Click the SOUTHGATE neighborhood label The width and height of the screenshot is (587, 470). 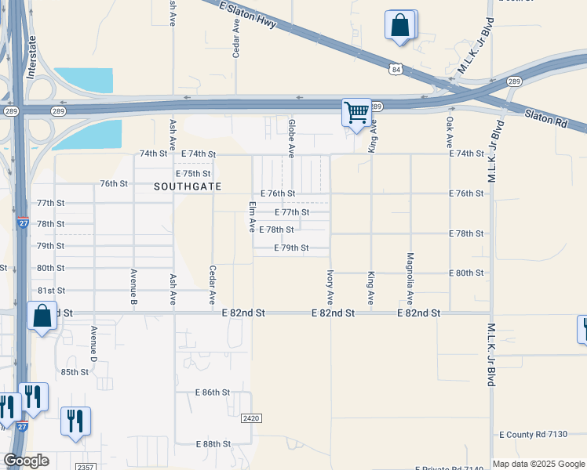tap(188, 186)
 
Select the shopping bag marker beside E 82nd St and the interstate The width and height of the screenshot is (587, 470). tap(42, 316)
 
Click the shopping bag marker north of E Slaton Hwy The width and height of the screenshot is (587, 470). tap(400, 24)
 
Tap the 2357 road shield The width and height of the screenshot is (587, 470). tap(86, 466)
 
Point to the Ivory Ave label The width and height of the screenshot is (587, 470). tap(330, 288)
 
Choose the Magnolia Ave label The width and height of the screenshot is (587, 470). tap(410, 279)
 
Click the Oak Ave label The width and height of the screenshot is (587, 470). tap(450, 132)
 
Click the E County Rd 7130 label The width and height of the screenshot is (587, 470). tap(533, 434)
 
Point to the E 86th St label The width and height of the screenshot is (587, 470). tap(213, 392)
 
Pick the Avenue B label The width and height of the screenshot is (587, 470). tap(133, 287)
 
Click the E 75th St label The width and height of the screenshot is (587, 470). tap(194, 173)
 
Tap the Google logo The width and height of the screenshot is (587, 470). tap(26, 461)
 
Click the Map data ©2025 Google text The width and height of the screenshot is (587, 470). tap(538, 464)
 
